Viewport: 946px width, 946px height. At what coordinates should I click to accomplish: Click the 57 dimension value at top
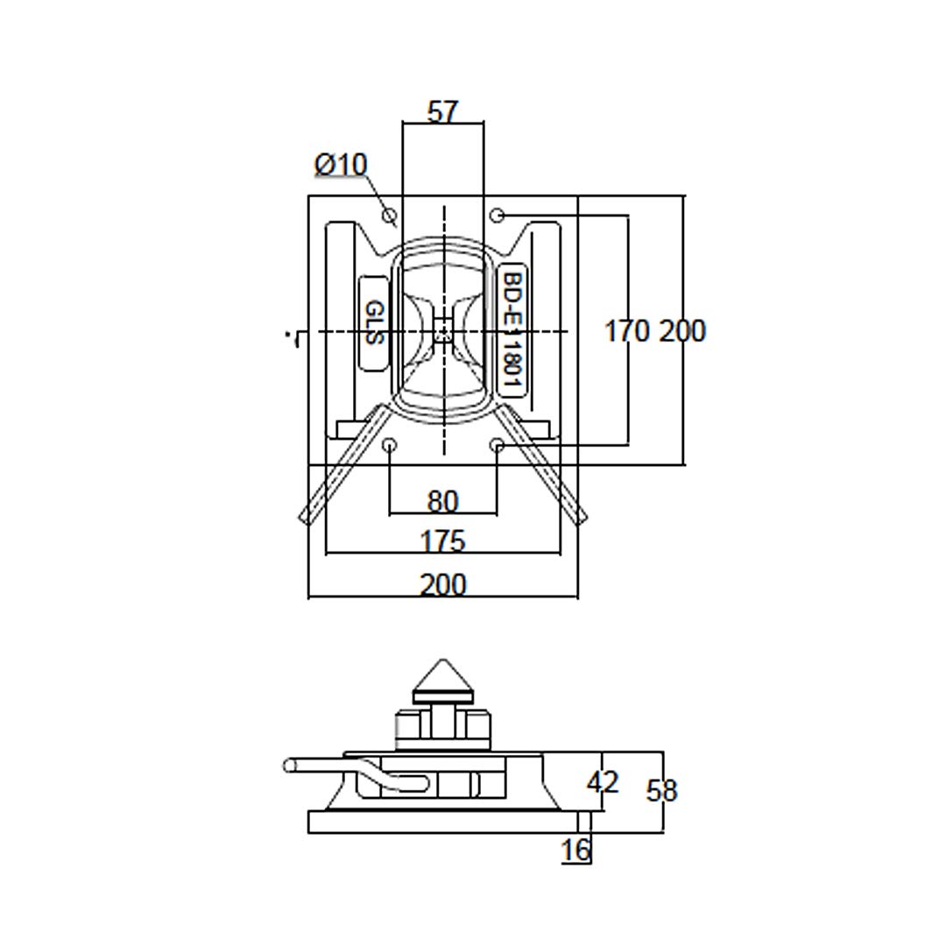tap(442, 112)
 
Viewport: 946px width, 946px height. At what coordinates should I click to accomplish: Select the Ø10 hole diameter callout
tap(341, 165)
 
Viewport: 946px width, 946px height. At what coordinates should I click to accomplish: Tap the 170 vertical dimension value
tap(627, 331)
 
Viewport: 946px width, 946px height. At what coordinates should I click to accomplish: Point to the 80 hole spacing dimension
tap(442, 501)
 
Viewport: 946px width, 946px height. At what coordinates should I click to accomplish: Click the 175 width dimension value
tap(442, 541)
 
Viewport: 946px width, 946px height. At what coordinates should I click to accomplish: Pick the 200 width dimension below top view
tap(442, 584)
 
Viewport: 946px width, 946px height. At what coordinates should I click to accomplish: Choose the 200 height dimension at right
tap(682, 331)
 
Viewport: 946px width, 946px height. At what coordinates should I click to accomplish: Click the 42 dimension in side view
tap(602, 782)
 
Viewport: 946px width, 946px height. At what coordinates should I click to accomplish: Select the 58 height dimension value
tap(661, 791)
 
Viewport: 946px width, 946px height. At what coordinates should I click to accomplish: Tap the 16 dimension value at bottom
tap(575, 850)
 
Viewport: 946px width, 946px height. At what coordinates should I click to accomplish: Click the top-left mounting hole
tap(390, 215)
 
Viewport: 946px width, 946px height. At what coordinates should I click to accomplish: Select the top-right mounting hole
tap(497, 215)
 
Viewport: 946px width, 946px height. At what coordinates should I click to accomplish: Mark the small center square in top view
tap(443, 331)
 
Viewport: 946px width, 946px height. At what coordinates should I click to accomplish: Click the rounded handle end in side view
tap(290, 766)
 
